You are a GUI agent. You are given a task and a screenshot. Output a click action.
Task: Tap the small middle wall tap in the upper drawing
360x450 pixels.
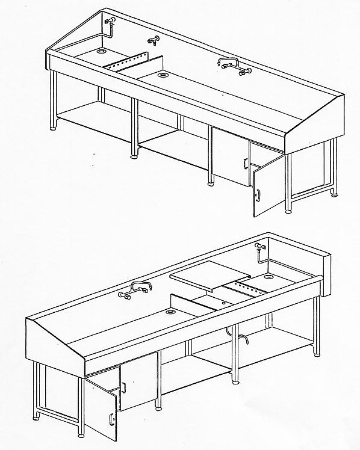(x=152, y=41)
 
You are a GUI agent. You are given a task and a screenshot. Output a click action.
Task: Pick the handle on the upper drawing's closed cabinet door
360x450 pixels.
(x=245, y=163)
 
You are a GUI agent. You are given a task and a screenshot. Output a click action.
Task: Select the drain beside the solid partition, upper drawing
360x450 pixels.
(x=163, y=76)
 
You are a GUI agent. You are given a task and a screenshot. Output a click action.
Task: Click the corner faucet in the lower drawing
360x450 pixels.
(x=259, y=248)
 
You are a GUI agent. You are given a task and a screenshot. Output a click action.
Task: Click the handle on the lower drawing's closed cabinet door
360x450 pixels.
(x=123, y=387)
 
